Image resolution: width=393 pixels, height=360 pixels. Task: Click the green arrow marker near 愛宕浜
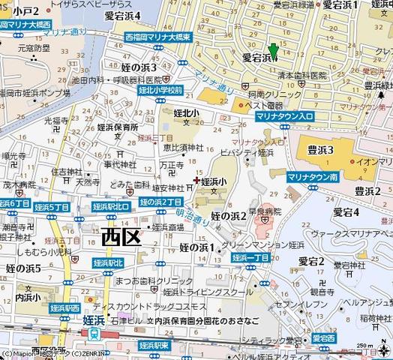click(274, 51)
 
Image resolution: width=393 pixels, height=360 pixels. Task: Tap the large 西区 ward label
click(121, 238)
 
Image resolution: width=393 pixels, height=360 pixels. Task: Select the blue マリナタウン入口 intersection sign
click(285, 117)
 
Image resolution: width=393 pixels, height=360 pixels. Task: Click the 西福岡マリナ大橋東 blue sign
click(158, 35)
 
